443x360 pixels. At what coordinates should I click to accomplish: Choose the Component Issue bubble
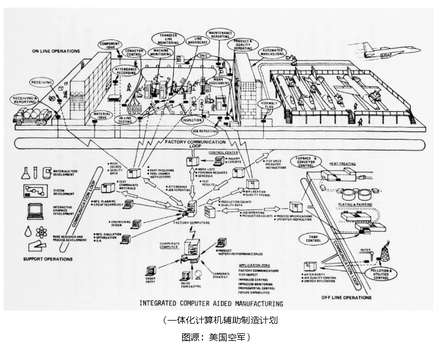(109, 45)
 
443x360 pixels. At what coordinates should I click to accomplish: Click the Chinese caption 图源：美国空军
(216, 337)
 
